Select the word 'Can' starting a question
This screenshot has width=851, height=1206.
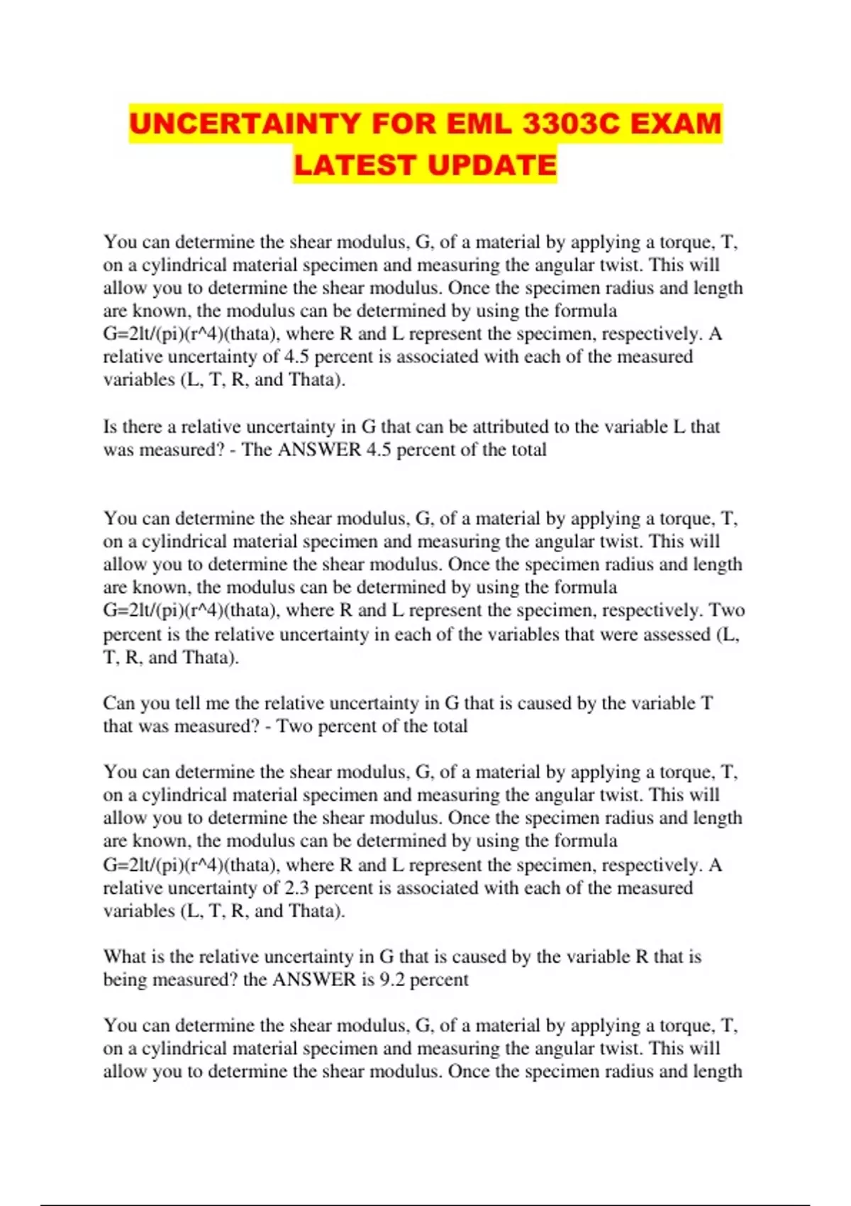tap(118, 703)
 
